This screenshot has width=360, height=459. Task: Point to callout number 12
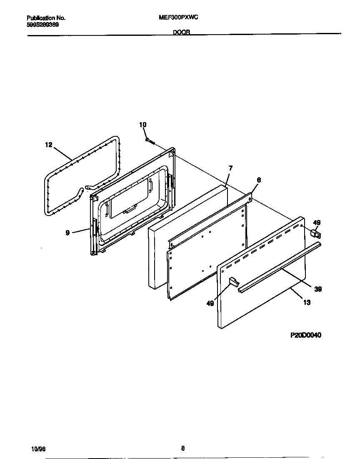click(x=49, y=145)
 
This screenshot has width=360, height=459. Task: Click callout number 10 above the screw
click(x=143, y=125)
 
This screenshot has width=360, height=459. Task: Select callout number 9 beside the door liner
click(x=67, y=233)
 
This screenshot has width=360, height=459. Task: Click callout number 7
click(x=230, y=168)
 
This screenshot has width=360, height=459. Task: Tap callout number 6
click(x=259, y=180)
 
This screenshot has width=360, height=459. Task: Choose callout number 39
click(x=318, y=288)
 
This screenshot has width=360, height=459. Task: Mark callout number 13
click(x=307, y=303)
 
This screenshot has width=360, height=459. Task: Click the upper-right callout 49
click(x=317, y=223)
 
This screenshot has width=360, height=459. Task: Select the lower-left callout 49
click(x=210, y=303)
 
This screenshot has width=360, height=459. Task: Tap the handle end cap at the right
click(x=315, y=235)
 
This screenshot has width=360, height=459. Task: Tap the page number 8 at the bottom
click(x=182, y=449)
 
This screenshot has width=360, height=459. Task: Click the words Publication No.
click(x=46, y=18)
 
